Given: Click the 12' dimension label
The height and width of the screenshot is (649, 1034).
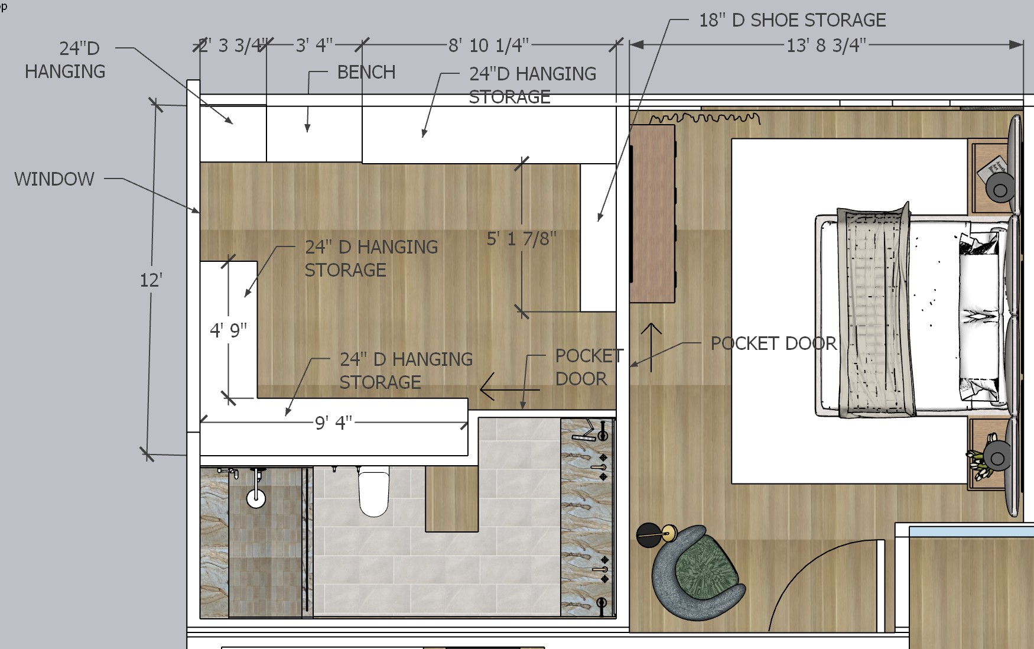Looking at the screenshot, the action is (x=151, y=280).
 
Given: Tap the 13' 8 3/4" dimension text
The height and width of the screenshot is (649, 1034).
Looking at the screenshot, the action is (x=826, y=45).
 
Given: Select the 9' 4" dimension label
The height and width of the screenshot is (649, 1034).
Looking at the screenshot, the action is (x=334, y=423).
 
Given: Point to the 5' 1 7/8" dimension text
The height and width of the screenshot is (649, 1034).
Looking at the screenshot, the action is (x=522, y=238).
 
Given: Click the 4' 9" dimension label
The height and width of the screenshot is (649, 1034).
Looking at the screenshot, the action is (x=229, y=330).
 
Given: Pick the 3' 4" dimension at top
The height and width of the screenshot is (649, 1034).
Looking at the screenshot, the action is (x=314, y=45).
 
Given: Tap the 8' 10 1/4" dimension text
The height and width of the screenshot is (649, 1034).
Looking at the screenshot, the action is (x=489, y=45).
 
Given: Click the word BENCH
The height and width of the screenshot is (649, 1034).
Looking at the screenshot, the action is (x=366, y=72).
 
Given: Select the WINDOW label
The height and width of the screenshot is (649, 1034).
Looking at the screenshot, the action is (x=54, y=179).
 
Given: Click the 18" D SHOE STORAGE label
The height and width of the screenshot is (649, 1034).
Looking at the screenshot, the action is (x=792, y=20).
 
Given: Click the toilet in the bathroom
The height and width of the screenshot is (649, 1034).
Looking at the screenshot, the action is (x=374, y=491).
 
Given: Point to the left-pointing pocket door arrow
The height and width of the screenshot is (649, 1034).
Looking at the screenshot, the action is (x=510, y=390).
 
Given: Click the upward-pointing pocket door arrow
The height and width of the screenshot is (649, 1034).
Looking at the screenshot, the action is (x=651, y=348).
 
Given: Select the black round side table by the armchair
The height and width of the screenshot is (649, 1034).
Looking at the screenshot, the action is (x=649, y=536).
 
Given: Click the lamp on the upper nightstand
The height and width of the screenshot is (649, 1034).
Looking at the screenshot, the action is (x=1000, y=190).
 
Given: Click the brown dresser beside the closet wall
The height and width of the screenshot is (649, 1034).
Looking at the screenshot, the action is (x=653, y=214).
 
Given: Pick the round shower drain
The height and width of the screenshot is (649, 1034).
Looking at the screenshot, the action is (x=256, y=498).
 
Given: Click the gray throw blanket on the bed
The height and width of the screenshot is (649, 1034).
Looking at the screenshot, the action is (x=876, y=310).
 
